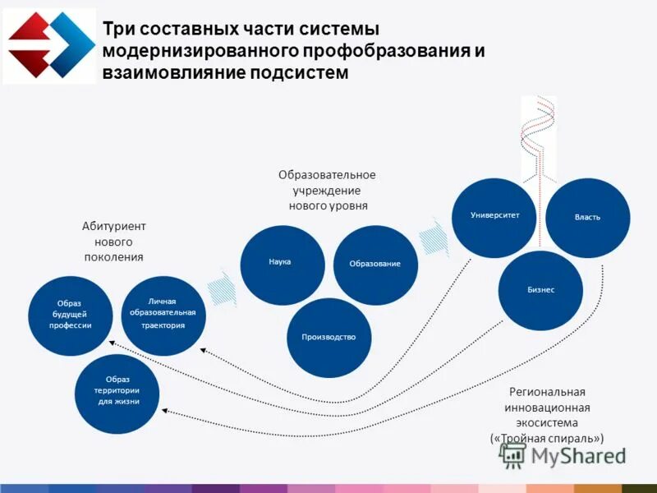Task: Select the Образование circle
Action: (x=375, y=265)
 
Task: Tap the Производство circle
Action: (x=328, y=337)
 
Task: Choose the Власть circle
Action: (x=588, y=218)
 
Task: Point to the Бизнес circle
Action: (x=541, y=290)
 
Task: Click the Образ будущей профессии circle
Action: (x=70, y=316)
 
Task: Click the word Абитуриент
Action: (x=113, y=226)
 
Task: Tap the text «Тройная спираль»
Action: (x=546, y=439)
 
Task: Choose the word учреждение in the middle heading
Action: (x=327, y=190)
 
